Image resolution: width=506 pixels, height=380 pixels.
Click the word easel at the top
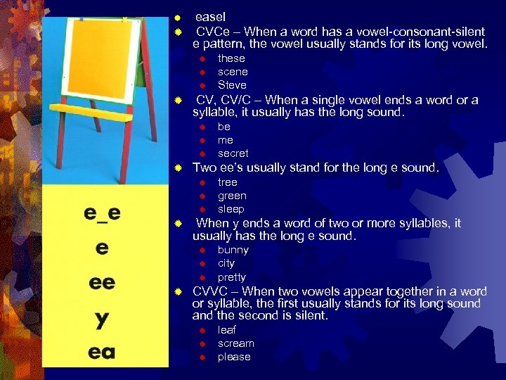(210, 16)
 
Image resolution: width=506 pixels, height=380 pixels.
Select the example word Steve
(232, 85)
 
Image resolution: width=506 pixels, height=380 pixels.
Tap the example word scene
(233, 72)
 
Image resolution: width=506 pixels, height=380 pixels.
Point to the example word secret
(233, 153)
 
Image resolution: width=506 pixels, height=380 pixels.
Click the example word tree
(228, 182)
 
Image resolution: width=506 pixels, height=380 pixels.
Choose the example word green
(232, 196)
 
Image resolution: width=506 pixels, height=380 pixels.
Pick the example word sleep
(231, 209)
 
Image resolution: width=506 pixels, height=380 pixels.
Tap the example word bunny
(233, 250)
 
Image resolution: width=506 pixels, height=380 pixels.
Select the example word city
(226, 263)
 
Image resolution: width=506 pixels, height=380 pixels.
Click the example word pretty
(232, 277)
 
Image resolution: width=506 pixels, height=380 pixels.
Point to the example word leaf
(227, 330)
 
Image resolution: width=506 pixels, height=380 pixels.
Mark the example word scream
(236, 343)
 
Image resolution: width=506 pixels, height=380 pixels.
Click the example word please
(234, 357)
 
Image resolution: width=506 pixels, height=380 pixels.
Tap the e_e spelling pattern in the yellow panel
(102, 213)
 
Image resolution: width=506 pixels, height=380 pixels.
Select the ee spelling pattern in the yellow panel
(102, 282)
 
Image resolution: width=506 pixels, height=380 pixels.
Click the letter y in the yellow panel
(102, 319)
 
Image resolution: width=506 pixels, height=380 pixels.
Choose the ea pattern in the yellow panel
(102, 351)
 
